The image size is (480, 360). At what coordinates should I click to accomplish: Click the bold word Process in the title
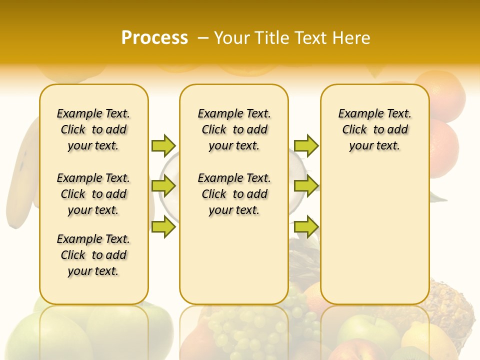coord(154,38)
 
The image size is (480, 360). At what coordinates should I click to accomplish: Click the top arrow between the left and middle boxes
coord(163,145)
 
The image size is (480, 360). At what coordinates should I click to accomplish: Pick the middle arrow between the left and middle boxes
coord(163,186)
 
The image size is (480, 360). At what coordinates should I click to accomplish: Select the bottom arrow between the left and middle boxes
coord(163,226)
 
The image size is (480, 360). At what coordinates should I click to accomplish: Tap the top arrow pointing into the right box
coord(306,145)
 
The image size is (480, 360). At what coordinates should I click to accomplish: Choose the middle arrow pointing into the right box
coord(306,186)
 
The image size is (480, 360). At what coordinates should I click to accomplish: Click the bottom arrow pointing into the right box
coord(306,226)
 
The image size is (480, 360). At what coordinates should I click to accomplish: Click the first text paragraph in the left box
coord(93,129)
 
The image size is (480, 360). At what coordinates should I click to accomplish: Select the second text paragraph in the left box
coord(93,194)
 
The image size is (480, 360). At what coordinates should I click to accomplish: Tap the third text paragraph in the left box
coord(93,255)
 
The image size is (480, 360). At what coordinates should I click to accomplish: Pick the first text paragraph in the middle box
coord(234,129)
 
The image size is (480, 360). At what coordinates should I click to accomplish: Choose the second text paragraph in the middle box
coord(234,194)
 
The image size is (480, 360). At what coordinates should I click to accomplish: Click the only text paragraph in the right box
coord(374,129)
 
